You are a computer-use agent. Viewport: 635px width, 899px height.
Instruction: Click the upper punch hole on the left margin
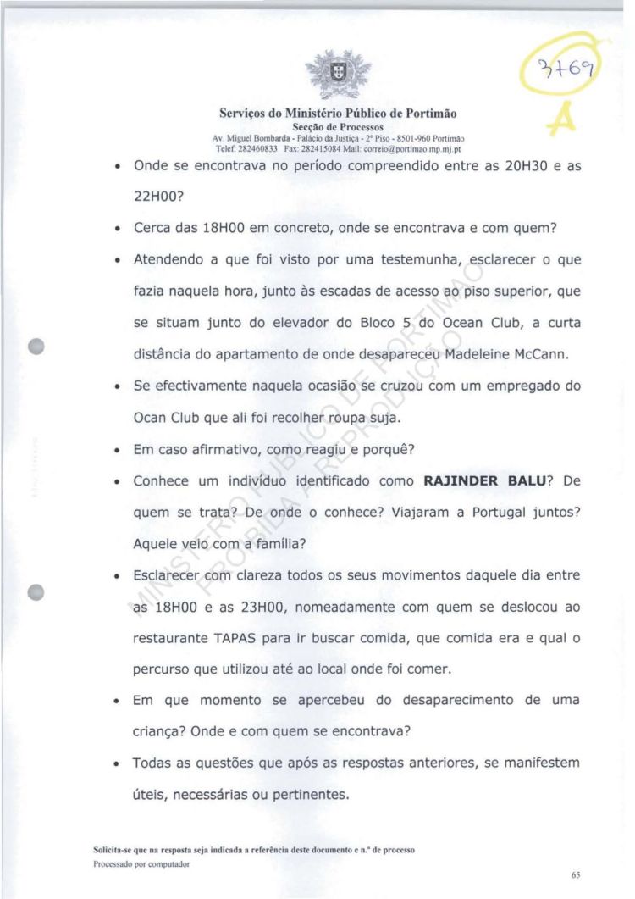[36, 347]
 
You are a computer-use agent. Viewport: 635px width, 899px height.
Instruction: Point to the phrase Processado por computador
[141, 864]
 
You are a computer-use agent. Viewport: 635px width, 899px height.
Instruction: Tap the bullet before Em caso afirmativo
[115, 451]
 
